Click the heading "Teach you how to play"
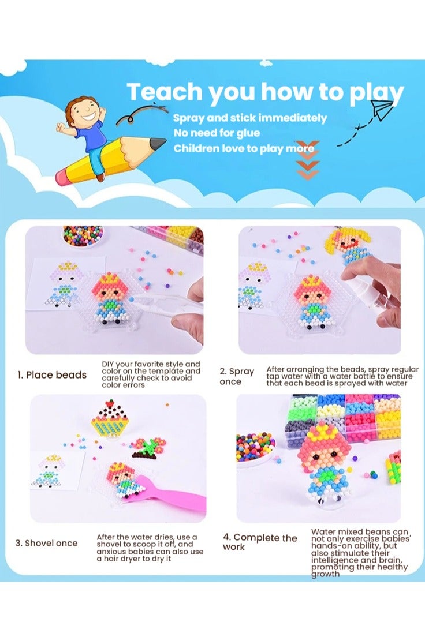[x=265, y=92]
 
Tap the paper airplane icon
[x=382, y=109]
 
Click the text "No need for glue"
[x=217, y=133]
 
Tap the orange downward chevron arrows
[x=307, y=160]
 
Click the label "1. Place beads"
[x=51, y=375]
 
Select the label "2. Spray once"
[x=237, y=376]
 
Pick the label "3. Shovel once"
[x=46, y=543]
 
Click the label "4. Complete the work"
[x=260, y=542]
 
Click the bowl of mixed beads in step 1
[x=83, y=235]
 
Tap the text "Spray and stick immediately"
[x=250, y=118]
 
